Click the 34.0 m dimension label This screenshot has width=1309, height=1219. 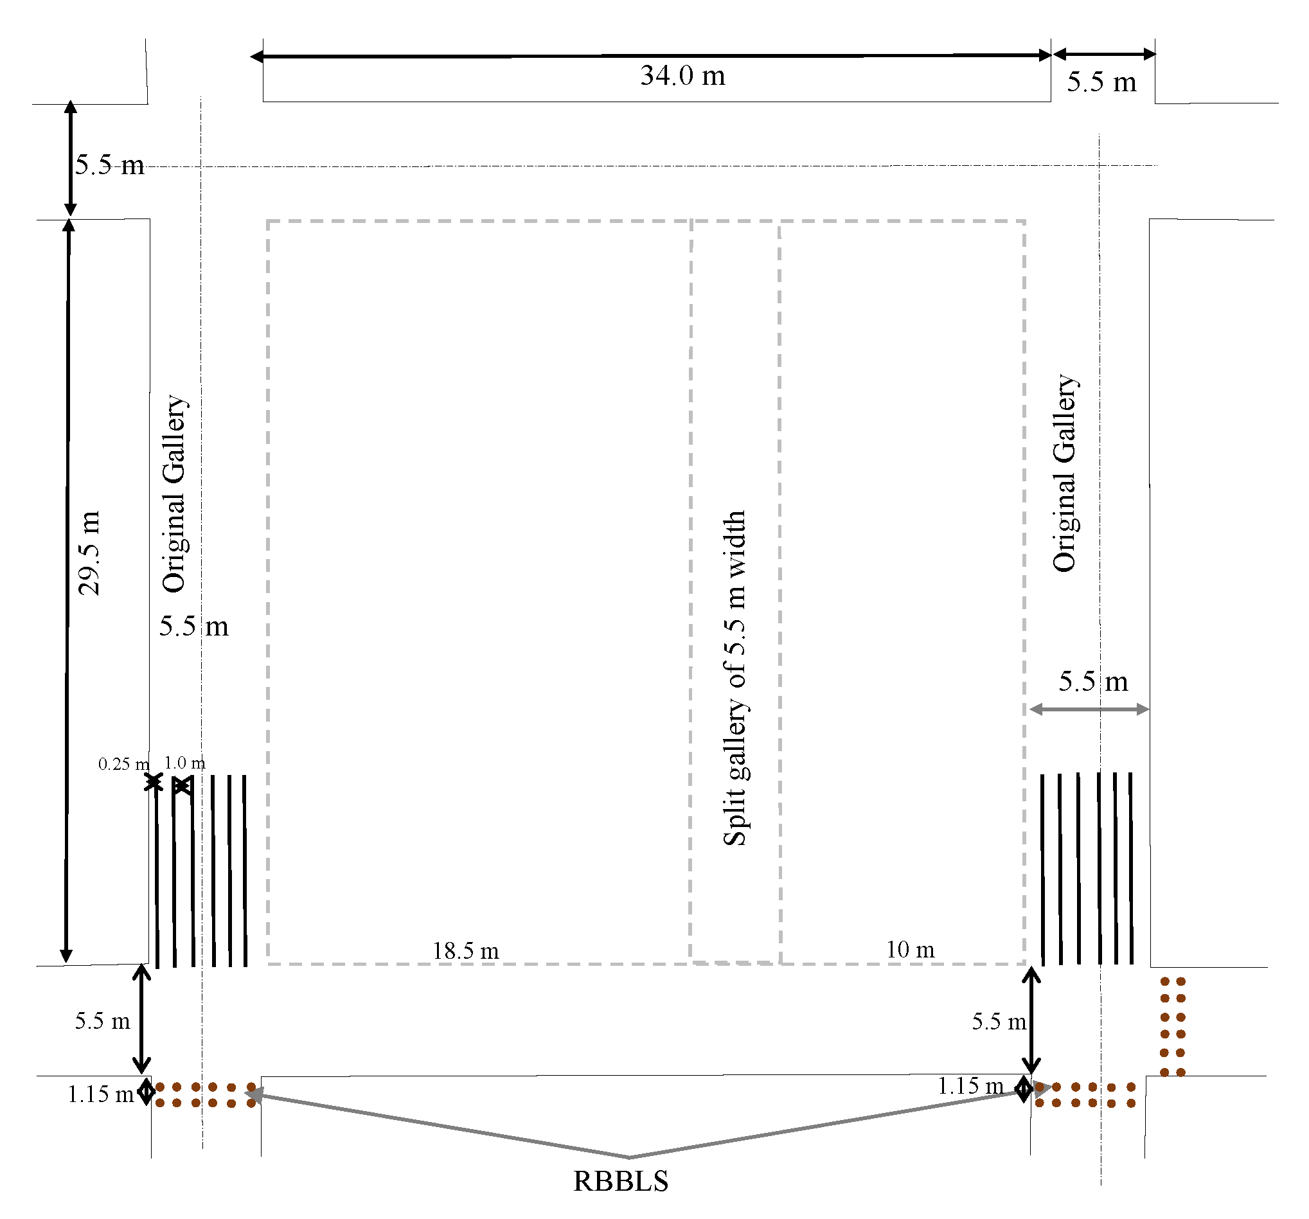click(682, 76)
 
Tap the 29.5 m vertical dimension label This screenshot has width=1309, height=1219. click(89, 553)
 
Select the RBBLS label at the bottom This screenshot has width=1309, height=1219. click(620, 1181)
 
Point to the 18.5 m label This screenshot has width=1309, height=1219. click(465, 951)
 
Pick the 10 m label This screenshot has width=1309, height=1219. click(910, 950)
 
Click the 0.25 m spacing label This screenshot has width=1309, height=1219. click(123, 764)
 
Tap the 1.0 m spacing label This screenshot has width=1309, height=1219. click(184, 763)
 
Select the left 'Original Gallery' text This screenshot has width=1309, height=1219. click(175, 494)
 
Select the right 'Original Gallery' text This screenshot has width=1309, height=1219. click(1064, 472)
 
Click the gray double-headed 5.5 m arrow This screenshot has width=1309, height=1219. click(1089, 709)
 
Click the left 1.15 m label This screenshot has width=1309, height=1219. click(101, 1094)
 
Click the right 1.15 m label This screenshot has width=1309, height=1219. click(970, 1086)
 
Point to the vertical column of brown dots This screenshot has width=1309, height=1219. click(1173, 1027)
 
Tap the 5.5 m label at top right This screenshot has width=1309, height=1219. click(1101, 82)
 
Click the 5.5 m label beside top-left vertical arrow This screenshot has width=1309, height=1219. click(109, 165)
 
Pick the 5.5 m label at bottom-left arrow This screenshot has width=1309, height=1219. click(102, 1021)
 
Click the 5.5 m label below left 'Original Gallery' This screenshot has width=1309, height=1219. click(193, 627)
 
